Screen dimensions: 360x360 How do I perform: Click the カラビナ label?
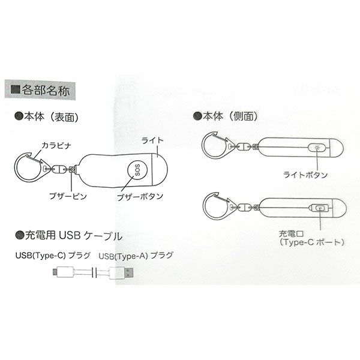coord(56,146)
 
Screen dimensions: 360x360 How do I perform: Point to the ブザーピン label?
coord(68,196)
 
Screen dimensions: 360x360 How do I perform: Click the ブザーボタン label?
coord(140,197)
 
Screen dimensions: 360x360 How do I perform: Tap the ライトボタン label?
coord(305,175)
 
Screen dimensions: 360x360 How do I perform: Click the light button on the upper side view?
coord(317,148)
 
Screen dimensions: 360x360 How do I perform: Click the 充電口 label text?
coord(292,234)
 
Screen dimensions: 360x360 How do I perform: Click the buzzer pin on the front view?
coord(72,169)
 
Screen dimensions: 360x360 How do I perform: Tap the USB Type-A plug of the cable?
coord(121,273)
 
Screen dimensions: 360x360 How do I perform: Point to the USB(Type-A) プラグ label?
coord(136,256)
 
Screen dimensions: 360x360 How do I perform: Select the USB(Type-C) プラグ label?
coord(53,256)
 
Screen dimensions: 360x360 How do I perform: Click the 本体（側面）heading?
coord(226,116)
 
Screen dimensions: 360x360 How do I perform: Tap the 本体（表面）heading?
coord(47,117)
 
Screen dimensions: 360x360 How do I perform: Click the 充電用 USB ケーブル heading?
coord(68,236)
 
